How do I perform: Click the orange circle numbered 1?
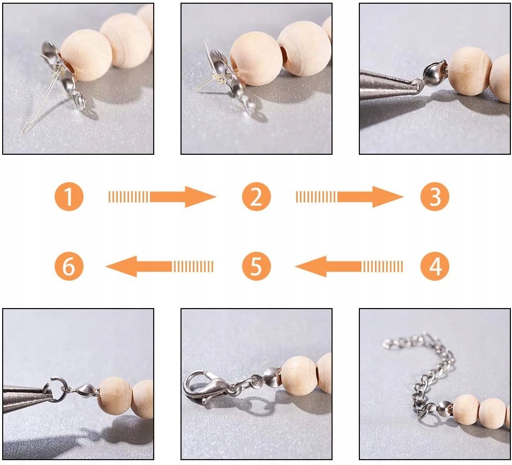[69, 197]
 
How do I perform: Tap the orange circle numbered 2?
[257, 197]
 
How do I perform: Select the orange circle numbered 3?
[435, 197]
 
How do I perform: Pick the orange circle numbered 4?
[435, 266]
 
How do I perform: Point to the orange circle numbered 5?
[257, 266]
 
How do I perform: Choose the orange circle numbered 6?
[69, 266]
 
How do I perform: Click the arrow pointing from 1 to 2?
[162, 197]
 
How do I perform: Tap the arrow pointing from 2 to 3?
[349, 197]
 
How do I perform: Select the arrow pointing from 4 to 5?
[349, 266]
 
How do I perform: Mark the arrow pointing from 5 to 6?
[160, 266]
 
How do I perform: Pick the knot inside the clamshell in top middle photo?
[220, 78]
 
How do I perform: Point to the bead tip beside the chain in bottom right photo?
[444, 409]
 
